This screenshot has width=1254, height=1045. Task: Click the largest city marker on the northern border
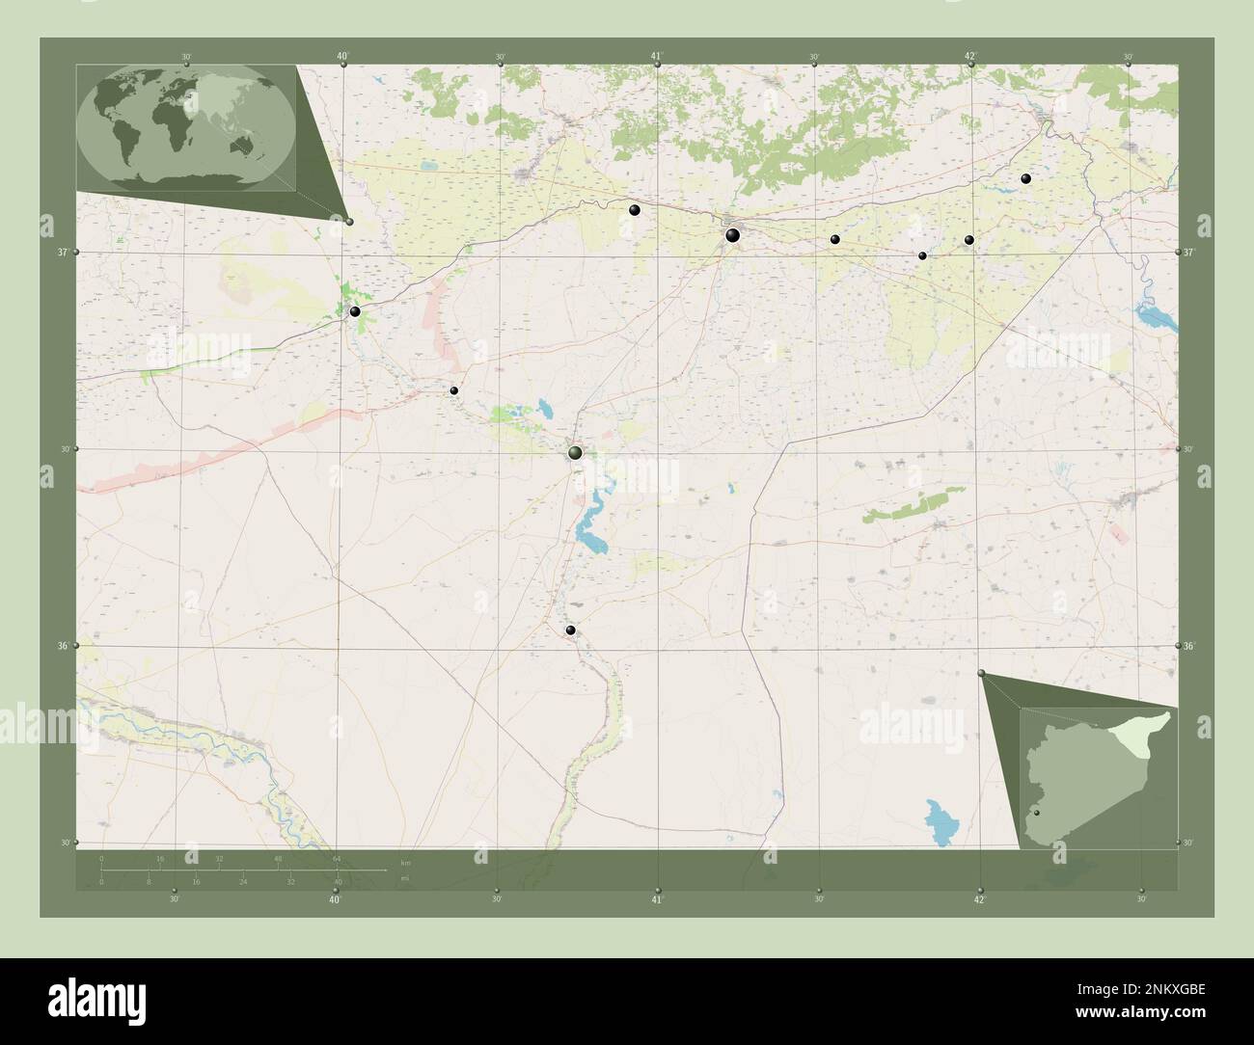(x=732, y=234)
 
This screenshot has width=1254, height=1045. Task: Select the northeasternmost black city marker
(x=1025, y=178)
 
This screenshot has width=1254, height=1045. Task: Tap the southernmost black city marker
(x=571, y=630)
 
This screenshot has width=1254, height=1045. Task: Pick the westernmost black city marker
(x=355, y=311)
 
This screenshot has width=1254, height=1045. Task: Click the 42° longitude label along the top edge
(x=970, y=56)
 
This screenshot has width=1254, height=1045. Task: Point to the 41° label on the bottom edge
(x=657, y=899)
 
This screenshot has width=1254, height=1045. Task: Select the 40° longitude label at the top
(x=343, y=56)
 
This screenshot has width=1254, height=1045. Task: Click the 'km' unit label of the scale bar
(x=405, y=862)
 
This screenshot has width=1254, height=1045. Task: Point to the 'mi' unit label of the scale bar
(x=405, y=878)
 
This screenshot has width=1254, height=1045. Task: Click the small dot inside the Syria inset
(x=1037, y=814)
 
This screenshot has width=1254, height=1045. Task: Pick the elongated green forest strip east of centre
(x=906, y=505)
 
